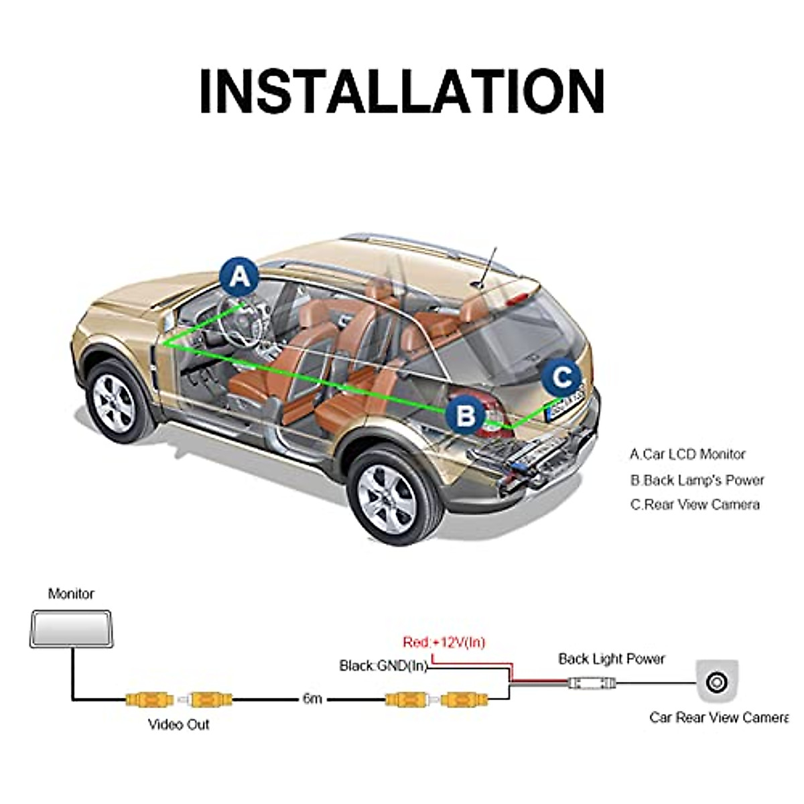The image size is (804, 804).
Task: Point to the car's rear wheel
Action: [390, 495]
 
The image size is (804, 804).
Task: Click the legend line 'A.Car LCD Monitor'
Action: [687, 454]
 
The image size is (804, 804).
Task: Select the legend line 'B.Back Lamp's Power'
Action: [697, 480]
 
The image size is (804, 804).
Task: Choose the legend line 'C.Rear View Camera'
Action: [695, 505]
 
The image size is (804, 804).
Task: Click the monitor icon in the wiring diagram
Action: [70, 628]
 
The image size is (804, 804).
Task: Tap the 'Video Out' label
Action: [178, 724]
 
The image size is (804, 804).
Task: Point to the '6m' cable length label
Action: [312, 699]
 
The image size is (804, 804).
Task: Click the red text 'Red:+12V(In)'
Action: [444, 643]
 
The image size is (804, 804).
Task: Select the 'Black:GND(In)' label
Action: [383, 665]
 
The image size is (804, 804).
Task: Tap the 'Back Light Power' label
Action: [611, 659]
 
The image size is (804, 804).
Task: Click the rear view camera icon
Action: [716, 682]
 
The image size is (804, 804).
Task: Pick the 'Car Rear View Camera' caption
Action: [718, 718]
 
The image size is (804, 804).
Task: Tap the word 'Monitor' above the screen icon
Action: [71, 594]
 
